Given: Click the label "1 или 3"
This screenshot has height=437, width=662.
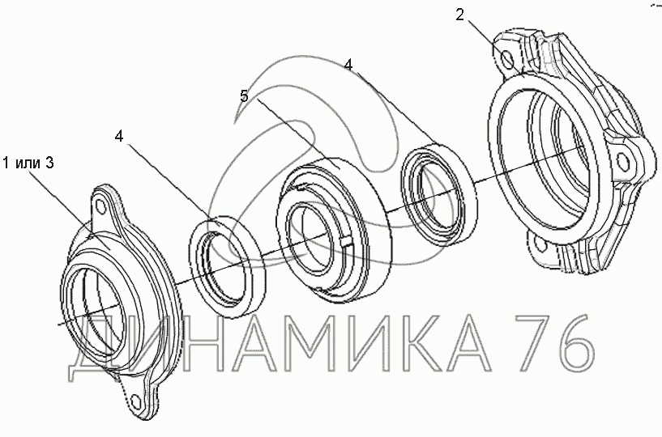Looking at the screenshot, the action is pyautogui.click(x=28, y=163).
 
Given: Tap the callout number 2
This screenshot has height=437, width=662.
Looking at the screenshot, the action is pyautogui.click(x=459, y=15).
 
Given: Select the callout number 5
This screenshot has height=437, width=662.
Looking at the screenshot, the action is pyautogui.click(x=244, y=96).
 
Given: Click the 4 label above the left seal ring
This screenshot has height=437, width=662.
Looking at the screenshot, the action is pyautogui.click(x=119, y=136).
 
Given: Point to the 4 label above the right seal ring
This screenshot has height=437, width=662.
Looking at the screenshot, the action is pyautogui.click(x=348, y=65).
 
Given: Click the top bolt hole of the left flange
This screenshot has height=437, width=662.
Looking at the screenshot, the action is pyautogui.click(x=100, y=206).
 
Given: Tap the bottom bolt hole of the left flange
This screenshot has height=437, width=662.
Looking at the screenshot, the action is pyautogui.click(x=135, y=401).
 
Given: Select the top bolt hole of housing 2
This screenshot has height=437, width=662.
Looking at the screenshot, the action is pyautogui.click(x=508, y=58).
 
